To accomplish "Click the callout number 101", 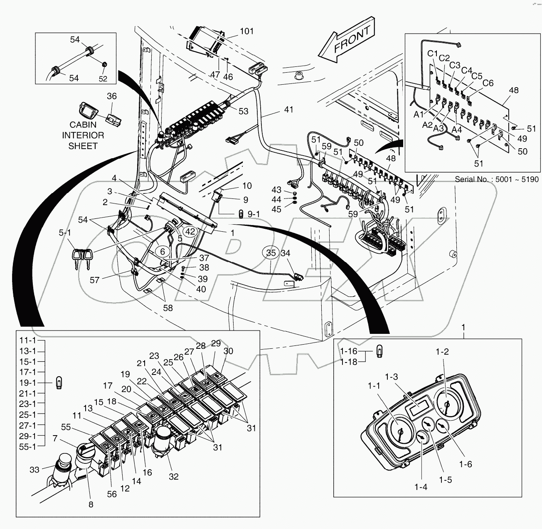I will pyautogui.click(x=247, y=32).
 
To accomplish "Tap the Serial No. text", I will pyautogui.click(x=497, y=180).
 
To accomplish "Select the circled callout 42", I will pyautogui.click(x=190, y=232).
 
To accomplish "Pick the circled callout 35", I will pyautogui.click(x=271, y=253).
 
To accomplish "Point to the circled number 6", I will pyautogui.click(x=163, y=251).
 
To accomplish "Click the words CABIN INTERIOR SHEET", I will pyautogui.click(x=83, y=135).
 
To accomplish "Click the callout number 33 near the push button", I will pyautogui.click(x=34, y=470).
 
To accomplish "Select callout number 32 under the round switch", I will pyautogui.click(x=174, y=477).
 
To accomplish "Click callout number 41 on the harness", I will pyautogui.click(x=289, y=110).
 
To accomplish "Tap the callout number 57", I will pyautogui.click(x=95, y=280).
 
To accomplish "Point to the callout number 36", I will pyautogui.click(x=112, y=96).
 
